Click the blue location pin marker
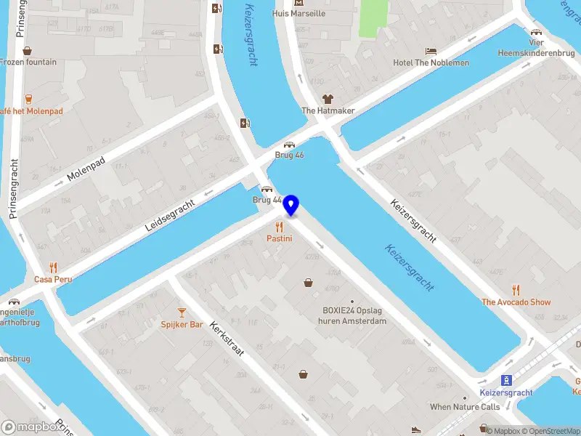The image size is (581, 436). pos(291,206)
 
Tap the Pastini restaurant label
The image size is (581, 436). pos(279,238)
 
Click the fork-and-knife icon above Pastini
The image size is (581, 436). pos(279,226)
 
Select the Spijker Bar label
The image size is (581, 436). pos(182,324)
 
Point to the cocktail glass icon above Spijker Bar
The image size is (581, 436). pos(182,312)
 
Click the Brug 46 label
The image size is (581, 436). pos(289,156)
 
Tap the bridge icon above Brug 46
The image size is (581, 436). pos(289,145)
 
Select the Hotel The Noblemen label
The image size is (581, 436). pos(431,62)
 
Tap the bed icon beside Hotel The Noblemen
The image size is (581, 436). pos(431,51)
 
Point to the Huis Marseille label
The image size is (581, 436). pos(298,13)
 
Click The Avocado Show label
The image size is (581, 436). pos(516,302)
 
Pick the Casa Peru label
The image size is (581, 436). pos(53,279)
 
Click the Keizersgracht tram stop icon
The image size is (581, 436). pos(506,380)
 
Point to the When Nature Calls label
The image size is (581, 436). pos(465,407)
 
